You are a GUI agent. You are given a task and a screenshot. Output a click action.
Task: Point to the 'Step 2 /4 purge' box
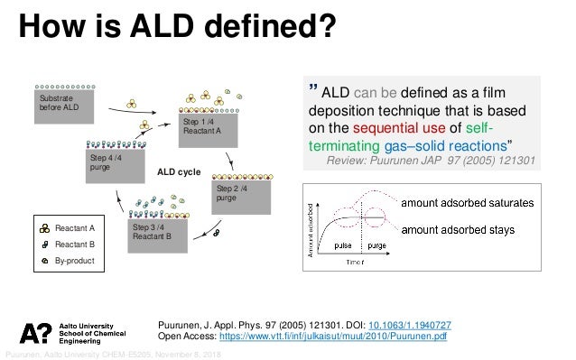pos(239,193)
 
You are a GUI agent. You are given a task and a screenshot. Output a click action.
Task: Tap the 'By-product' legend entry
pos(74,260)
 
